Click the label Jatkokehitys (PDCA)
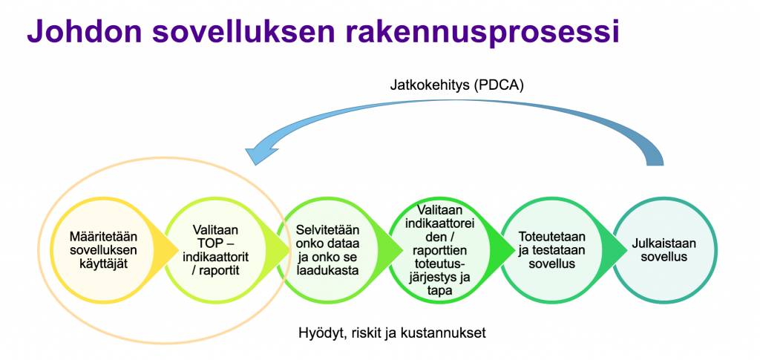pos(457,85)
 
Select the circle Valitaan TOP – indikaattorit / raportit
pos(214,249)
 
